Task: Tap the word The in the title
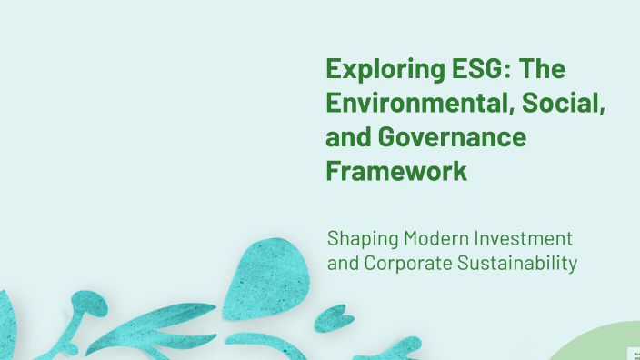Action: [x=550, y=69]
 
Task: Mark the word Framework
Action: [x=396, y=171]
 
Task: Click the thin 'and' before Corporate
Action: [x=343, y=265]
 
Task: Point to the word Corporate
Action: [x=406, y=265]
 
